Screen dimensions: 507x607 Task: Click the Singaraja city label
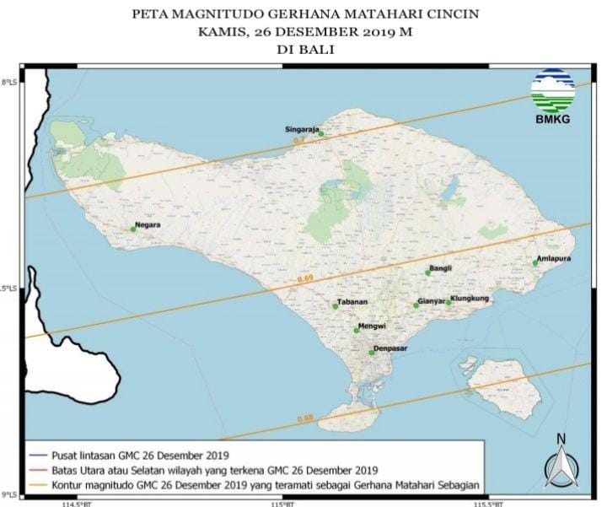pyautogui.click(x=301, y=128)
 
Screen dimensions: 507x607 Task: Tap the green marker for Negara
pyautogui.click(x=133, y=228)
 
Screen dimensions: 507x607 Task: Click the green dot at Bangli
pyautogui.click(x=428, y=273)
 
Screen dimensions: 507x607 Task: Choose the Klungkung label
pyautogui.click(x=470, y=299)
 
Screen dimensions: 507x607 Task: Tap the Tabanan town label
pyautogui.click(x=351, y=302)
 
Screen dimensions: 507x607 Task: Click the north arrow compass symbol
pyautogui.click(x=560, y=464)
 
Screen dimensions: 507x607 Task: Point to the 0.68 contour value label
pyautogui.click(x=305, y=418)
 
